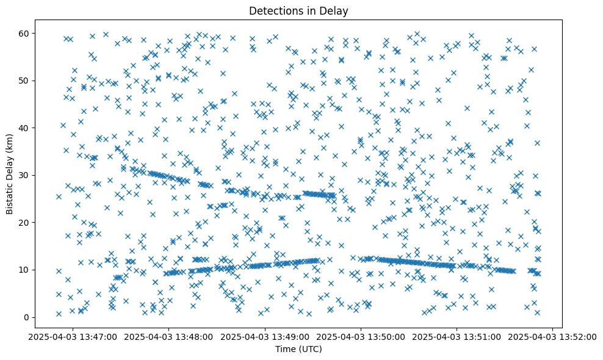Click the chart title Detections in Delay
299,10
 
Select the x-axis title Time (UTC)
299,350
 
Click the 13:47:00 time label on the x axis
73,336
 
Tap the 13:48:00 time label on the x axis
169,336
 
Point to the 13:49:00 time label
265,336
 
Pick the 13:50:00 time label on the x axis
361,336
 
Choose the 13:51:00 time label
457,336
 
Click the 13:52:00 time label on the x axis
552,336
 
